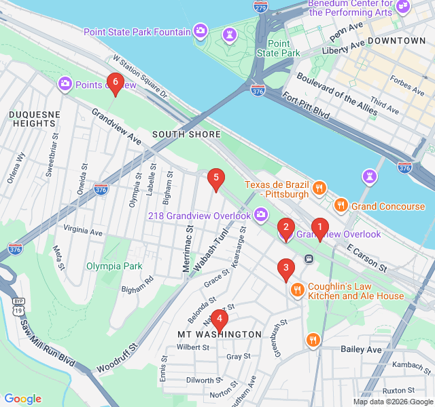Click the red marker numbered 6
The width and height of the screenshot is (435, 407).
(115, 83)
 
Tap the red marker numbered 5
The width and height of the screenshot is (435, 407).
(215, 179)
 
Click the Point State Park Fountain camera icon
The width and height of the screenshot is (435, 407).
(201, 31)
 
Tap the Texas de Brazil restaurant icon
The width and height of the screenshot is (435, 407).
(317, 188)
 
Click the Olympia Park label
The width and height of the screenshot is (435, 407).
(114, 266)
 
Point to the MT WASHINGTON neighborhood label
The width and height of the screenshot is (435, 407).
(219, 334)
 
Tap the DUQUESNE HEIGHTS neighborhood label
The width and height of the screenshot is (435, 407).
(33, 119)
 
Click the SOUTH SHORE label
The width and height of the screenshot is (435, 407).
(186, 134)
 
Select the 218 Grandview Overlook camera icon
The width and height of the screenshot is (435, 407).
(261, 216)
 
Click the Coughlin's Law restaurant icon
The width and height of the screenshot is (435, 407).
(297, 290)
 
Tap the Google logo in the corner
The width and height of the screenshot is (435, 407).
(22, 399)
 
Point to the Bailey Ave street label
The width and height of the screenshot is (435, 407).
(360, 349)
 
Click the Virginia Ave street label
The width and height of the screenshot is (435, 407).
(82, 232)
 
